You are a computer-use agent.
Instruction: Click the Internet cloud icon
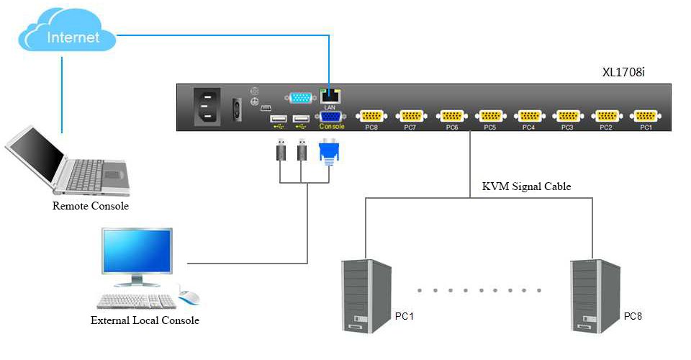pos(67,30)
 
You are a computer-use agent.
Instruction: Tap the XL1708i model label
pos(623,72)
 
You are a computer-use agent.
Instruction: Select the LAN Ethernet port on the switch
pos(330,96)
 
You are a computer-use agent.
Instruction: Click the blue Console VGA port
pos(330,117)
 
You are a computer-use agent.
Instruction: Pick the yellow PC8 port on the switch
pos(371,116)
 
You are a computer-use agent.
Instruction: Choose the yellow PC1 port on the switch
pos(646,116)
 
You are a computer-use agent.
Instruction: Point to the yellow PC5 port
pos(490,116)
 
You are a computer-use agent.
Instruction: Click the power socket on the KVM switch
pos(207,106)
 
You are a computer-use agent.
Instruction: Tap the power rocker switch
pos(237,109)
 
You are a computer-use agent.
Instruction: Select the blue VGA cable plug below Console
pos(329,152)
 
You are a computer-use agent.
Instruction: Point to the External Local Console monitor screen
pos(137,251)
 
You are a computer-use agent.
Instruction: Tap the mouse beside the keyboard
pos(189,297)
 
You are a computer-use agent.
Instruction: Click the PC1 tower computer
pos(366,296)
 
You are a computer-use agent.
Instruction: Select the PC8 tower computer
pos(595,296)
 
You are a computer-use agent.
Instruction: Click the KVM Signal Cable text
pos(526,186)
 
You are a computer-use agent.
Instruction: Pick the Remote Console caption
pos(91,206)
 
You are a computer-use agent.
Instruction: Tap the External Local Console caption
pos(145,320)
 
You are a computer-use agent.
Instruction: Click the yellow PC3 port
pos(568,116)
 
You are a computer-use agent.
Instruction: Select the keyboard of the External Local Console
pos(137,302)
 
